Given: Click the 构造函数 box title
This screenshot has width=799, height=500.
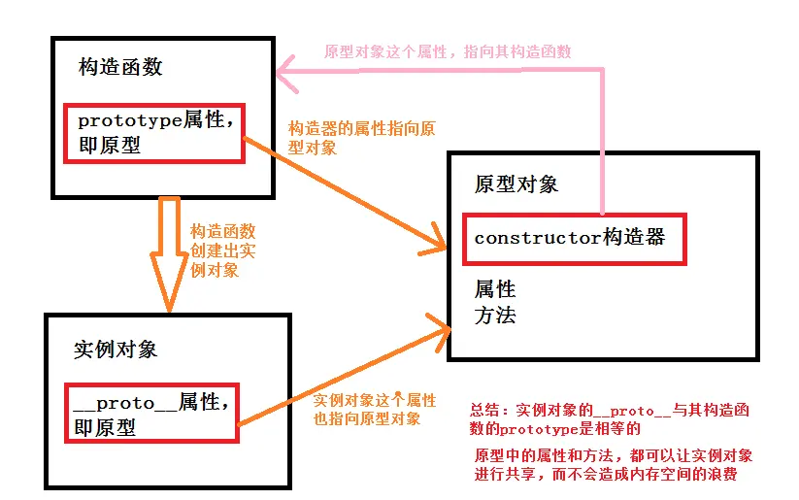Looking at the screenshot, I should coord(120,67).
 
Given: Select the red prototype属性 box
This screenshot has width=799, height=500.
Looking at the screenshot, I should coord(153,133).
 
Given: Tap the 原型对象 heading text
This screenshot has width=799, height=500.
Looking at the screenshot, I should coord(516,184).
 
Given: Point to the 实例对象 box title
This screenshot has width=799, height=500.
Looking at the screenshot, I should coord(116,350).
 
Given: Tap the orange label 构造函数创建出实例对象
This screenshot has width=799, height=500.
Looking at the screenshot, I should coord(222,250).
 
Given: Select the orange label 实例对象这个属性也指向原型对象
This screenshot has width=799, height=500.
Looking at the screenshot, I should coord(374,409).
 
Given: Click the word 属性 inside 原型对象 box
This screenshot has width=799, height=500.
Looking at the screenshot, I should coord(494,289).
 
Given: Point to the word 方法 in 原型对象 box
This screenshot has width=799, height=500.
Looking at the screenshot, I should coord(494,315).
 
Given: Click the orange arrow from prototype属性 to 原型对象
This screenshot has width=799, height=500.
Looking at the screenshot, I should coord(340,195).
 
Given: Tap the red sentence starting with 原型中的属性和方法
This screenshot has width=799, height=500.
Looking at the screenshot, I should coord(613,464).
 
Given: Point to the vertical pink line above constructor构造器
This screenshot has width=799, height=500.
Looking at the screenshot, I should coord(603,146).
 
